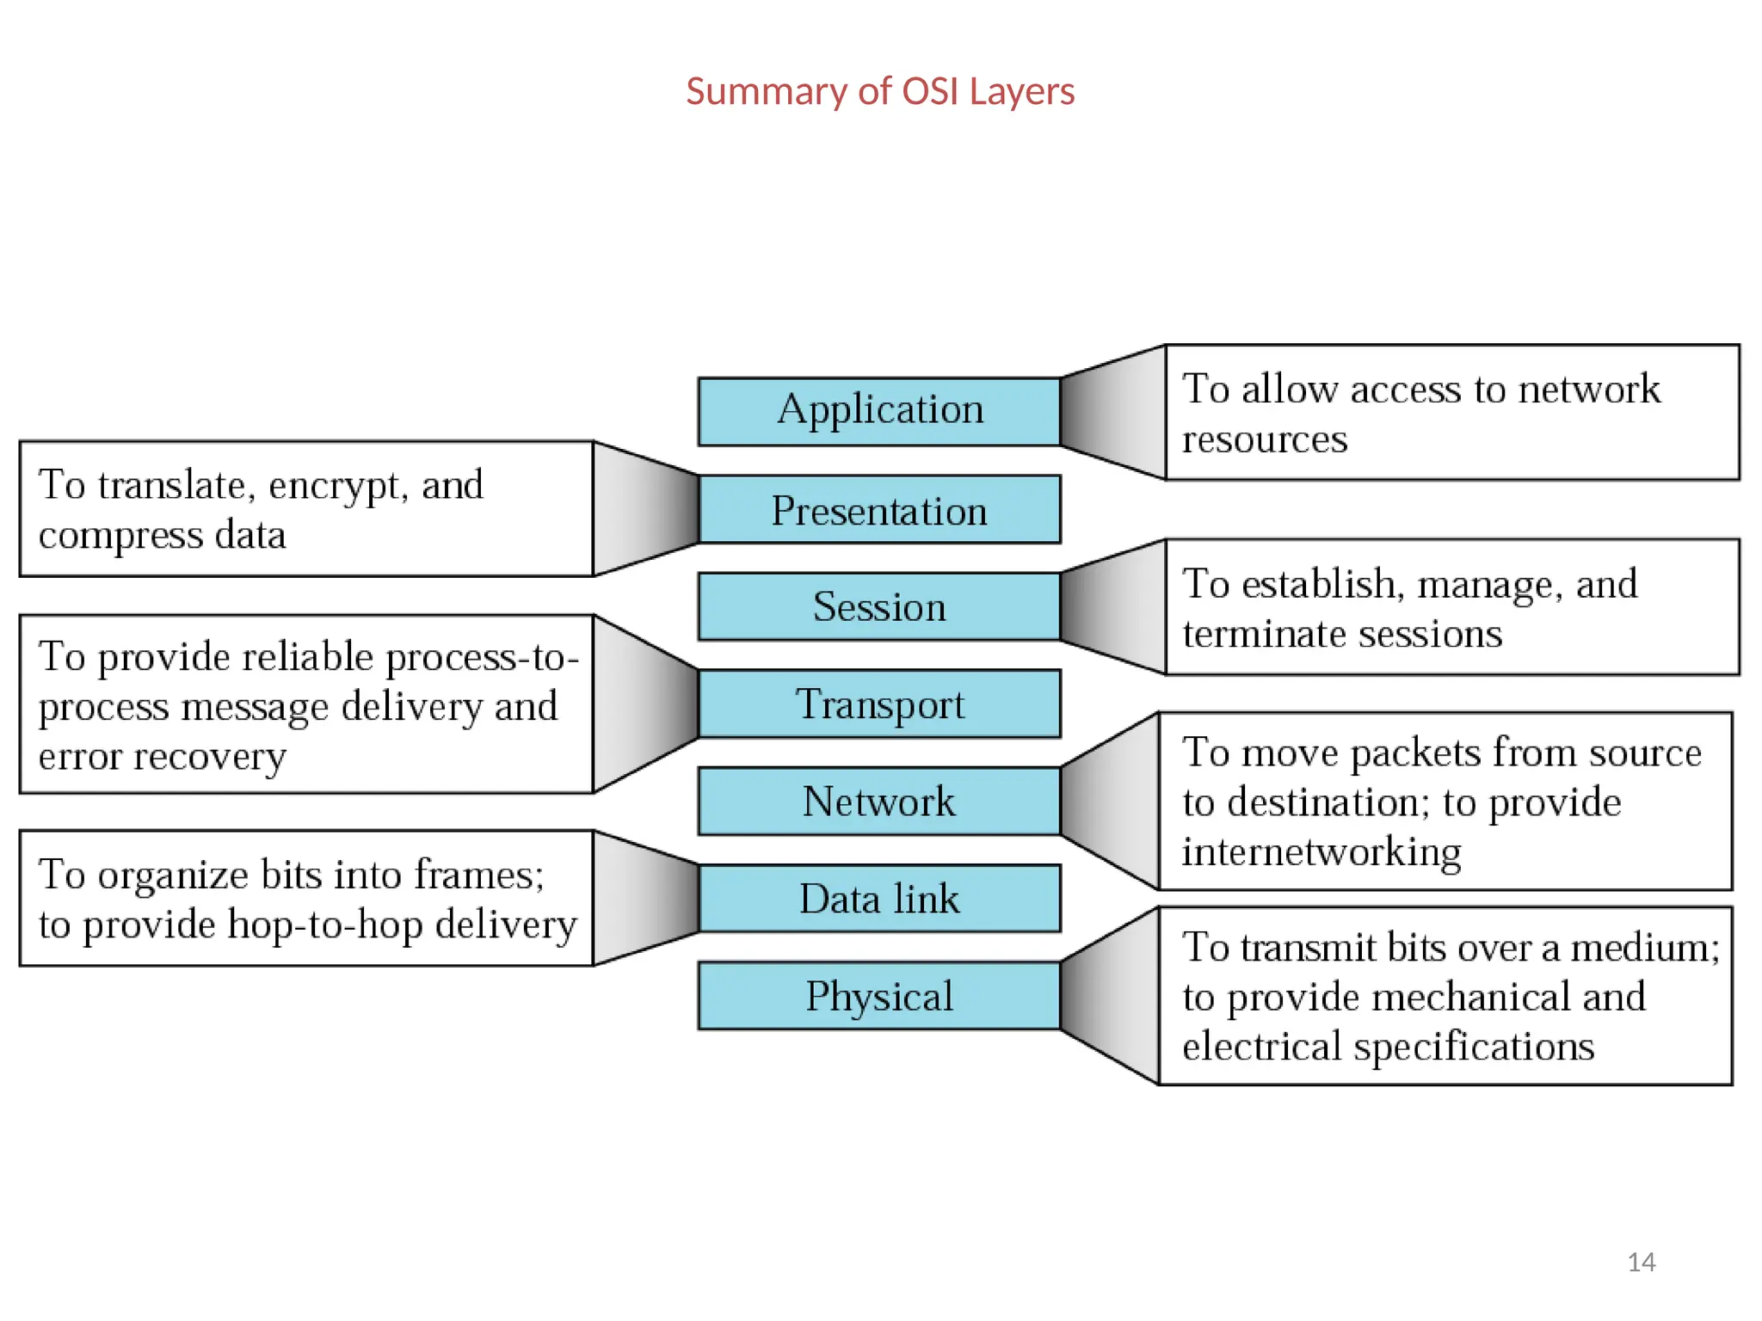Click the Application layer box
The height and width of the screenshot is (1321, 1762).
pyautogui.click(x=879, y=411)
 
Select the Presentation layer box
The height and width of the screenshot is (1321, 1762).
pyautogui.click(x=879, y=509)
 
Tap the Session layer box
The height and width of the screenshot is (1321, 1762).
pyautogui.click(x=879, y=606)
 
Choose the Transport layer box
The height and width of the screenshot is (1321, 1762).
pyautogui.click(x=879, y=704)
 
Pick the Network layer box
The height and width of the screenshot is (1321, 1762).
pyautogui.click(x=879, y=801)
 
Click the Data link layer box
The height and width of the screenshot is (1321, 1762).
pyautogui.click(x=879, y=898)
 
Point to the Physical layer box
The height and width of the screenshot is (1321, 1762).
pyautogui.click(x=879, y=995)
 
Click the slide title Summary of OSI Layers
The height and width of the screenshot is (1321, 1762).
pyautogui.click(x=879, y=91)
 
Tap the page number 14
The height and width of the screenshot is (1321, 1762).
pyautogui.click(x=1641, y=1262)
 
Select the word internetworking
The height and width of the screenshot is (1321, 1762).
pyautogui.click(x=1321, y=852)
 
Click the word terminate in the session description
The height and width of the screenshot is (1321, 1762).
pyautogui.click(x=1262, y=635)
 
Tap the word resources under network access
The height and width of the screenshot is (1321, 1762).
pyautogui.click(x=1264, y=439)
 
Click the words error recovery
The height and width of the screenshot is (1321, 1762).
pyautogui.click(x=162, y=757)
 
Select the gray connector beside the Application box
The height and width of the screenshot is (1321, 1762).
pyautogui.click(x=1112, y=412)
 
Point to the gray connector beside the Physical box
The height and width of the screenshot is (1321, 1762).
pyautogui.click(x=1110, y=995)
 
